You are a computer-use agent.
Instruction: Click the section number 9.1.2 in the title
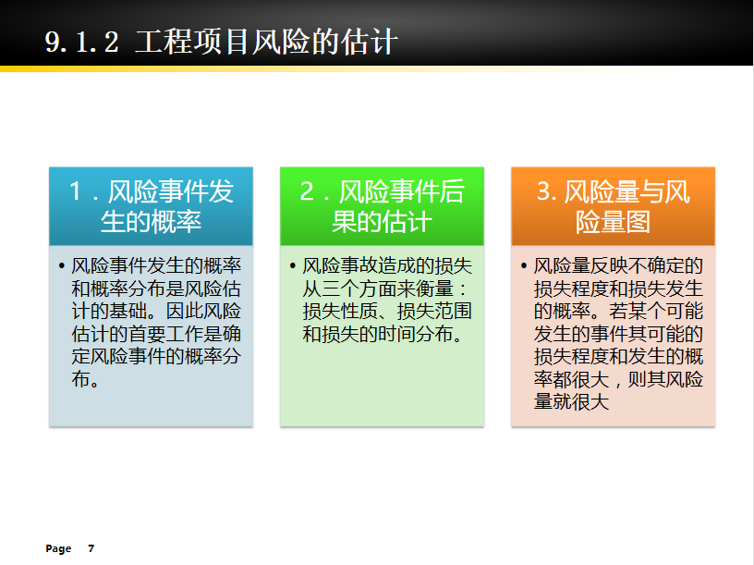[81, 42]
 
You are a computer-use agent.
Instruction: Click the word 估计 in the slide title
[370, 42]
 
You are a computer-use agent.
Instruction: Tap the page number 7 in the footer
[91, 548]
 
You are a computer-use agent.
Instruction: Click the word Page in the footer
[58, 548]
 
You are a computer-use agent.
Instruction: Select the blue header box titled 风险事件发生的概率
[151, 206]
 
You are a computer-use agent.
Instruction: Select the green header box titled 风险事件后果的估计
[382, 206]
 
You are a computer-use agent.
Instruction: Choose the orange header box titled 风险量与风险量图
[614, 206]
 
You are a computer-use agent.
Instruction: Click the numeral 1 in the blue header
[75, 191]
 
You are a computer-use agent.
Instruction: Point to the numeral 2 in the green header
[308, 191]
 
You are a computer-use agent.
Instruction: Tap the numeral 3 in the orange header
[544, 191]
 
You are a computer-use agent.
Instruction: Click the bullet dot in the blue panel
[61, 266]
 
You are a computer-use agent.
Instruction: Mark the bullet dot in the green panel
[292, 266]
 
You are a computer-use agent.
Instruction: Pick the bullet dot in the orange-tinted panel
[524, 266]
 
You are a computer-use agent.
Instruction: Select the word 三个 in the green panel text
[340, 289]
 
